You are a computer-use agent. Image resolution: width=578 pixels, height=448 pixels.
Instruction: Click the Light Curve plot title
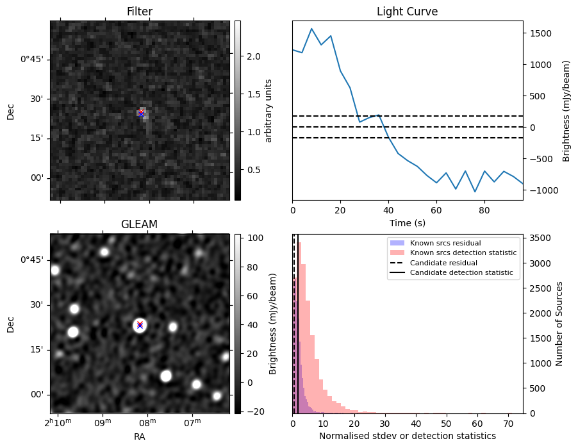tap(407, 12)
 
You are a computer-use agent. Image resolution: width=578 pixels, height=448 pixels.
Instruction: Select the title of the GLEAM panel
tap(139, 224)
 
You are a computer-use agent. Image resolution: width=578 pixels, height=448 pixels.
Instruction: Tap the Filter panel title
tap(140, 12)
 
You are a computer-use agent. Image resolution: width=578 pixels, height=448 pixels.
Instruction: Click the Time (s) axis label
tap(407, 222)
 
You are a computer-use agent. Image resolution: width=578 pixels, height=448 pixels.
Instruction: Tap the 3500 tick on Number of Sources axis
tap(538, 238)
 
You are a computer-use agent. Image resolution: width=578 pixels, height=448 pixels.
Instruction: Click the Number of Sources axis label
tap(559, 324)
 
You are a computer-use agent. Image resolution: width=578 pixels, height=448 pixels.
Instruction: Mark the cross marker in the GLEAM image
tap(140, 325)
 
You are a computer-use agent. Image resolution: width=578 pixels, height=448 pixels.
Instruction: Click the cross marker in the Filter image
tap(141, 113)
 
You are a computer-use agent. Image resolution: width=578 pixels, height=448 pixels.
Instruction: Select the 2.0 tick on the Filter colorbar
tap(254, 56)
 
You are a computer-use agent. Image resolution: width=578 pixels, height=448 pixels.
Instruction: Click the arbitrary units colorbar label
tap(269, 110)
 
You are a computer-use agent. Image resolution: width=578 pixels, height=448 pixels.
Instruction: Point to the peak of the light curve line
tap(311, 29)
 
